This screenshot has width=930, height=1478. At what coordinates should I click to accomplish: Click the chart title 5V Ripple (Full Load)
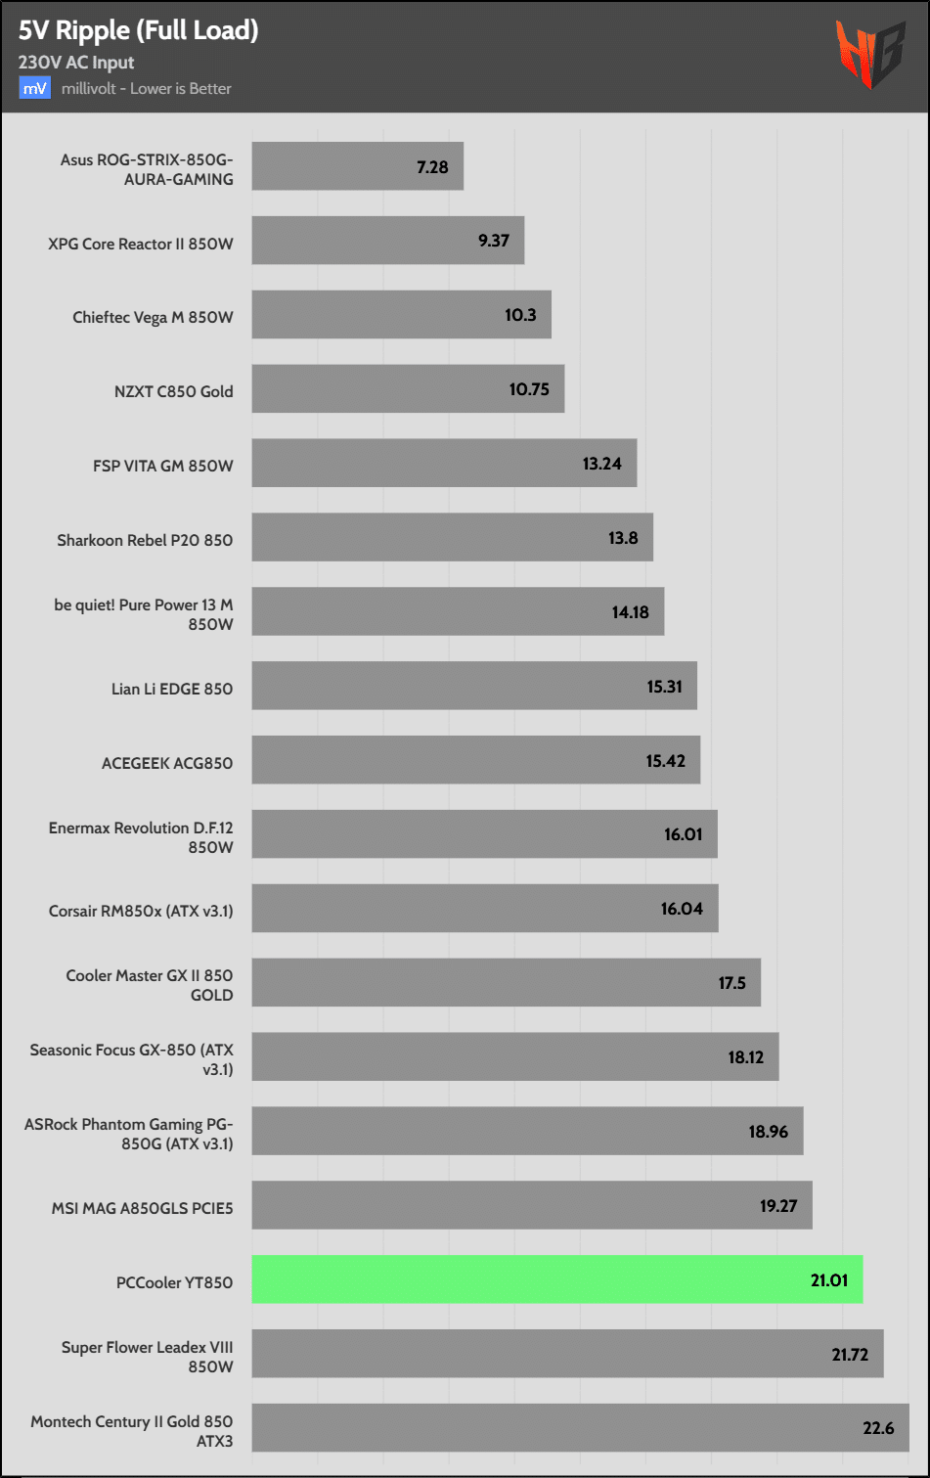coord(138,30)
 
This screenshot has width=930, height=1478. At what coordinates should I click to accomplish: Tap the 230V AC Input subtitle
coord(76,63)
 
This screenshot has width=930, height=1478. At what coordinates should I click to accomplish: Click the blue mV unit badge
coord(34,88)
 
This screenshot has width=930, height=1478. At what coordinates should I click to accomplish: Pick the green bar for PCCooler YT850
coord(556,1279)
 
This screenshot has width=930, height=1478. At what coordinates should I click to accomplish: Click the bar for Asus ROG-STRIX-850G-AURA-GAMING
coord(357,166)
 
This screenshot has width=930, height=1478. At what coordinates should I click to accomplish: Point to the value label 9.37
coord(494,241)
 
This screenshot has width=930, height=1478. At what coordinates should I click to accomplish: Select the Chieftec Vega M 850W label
coord(153,317)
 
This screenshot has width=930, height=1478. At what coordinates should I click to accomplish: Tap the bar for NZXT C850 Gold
coord(408,389)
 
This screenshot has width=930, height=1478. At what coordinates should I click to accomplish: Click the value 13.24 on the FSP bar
coord(602,464)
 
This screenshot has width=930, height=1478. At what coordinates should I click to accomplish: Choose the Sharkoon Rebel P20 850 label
coord(145,540)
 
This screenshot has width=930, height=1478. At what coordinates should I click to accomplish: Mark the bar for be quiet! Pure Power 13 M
coord(458,611)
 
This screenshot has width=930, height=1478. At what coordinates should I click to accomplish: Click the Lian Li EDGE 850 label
coord(172,689)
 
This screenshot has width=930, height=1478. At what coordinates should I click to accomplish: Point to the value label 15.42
coord(666,761)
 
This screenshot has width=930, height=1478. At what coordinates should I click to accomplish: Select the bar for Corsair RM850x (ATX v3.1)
coord(484,909)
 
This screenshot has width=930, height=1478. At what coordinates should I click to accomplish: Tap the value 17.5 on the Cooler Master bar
coord(732,983)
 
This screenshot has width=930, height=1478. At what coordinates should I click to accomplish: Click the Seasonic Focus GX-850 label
coord(131,1059)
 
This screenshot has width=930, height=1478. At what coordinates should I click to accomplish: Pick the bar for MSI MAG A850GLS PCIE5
coord(531,1205)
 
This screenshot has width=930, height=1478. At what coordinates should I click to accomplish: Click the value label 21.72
coord(851,1355)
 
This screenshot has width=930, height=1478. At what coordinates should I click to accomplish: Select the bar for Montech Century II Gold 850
coord(580,1428)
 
